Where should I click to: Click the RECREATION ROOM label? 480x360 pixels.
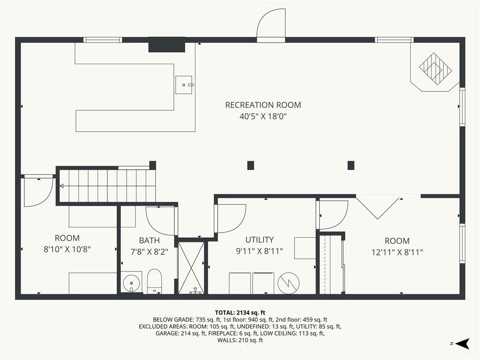pyautogui.click(x=263, y=105)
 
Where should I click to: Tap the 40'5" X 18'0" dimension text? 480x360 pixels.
pyautogui.click(x=263, y=116)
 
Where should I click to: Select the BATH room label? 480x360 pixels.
pyautogui.click(x=149, y=240)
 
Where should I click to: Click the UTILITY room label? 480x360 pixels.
pyautogui.click(x=259, y=240)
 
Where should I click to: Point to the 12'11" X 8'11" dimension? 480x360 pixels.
pyautogui.click(x=397, y=252)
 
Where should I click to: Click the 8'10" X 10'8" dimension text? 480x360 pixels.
pyautogui.click(x=67, y=249)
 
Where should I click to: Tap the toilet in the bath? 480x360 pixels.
pyautogui.click(x=154, y=281)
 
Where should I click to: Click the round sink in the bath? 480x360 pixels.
pyautogui.click(x=131, y=283)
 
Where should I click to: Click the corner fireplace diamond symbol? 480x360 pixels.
pyautogui.click(x=435, y=69)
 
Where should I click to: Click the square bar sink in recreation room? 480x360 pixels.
pyautogui.click(x=184, y=85)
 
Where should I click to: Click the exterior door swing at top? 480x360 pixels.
pyautogui.click(x=271, y=24)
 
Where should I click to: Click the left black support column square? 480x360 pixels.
pyautogui.click(x=251, y=165)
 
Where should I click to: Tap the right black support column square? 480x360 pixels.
pyautogui.click(x=351, y=165)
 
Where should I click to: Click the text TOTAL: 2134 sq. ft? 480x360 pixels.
pyautogui.click(x=240, y=312)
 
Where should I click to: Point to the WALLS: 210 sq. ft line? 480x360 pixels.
pyautogui.click(x=240, y=340)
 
